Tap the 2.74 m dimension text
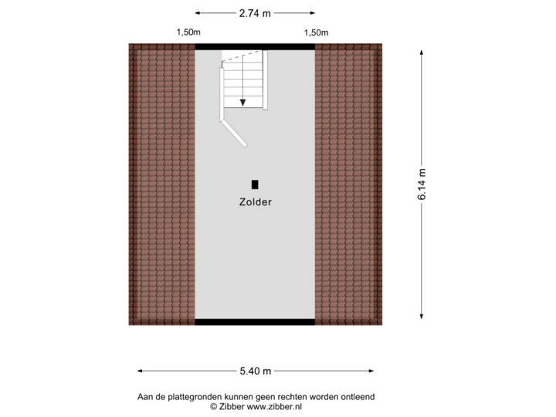coord(255,13)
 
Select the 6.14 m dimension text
coord(422,186)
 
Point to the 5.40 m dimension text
coord(255,371)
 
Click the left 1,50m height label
coord(188,32)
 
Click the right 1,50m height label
coord(316,32)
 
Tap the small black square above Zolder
coord(255,185)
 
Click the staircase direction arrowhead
coord(242,101)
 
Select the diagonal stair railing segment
coord(234,133)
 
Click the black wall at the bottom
coord(255,322)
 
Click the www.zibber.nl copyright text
coord(255,405)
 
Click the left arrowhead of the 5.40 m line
coord(140,371)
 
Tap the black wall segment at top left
coord(208,46)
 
